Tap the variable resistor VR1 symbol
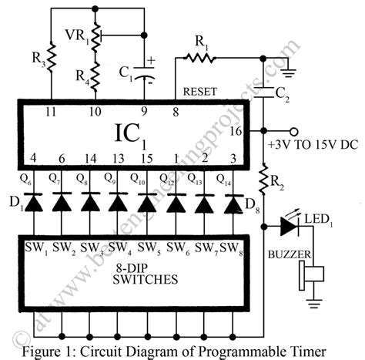96,35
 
